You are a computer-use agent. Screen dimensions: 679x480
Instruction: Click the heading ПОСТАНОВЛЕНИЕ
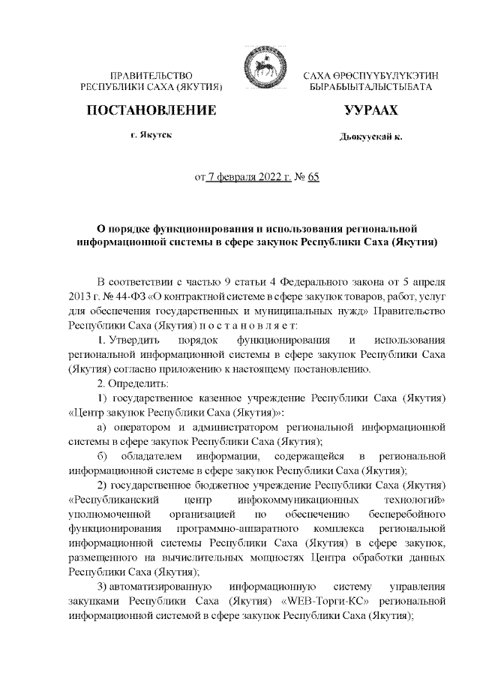coord(152,112)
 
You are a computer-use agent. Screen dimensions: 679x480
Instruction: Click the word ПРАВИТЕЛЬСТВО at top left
coord(152,77)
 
